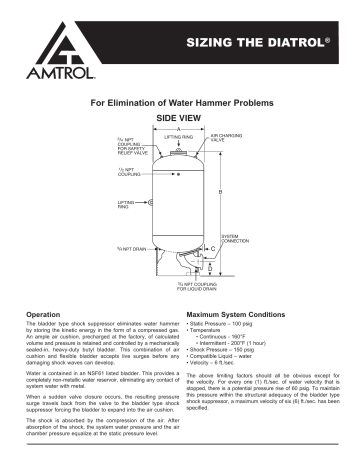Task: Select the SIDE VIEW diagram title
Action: click(x=178, y=117)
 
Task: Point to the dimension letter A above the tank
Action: click(x=179, y=127)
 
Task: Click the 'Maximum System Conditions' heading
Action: click(x=237, y=314)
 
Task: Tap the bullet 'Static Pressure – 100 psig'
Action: click(x=225, y=324)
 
